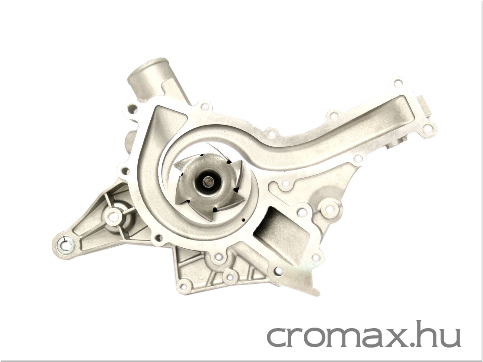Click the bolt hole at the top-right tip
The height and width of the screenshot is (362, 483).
pyautogui.click(x=397, y=83)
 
